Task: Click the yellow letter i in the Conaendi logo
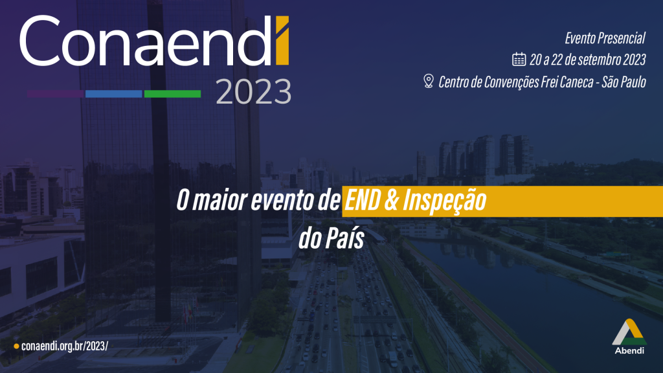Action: pyautogui.click(x=282, y=41)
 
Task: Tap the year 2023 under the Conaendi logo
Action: pyautogui.click(x=254, y=92)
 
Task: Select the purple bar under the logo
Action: pyautogui.click(x=56, y=94)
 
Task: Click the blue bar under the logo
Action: pyautogui.click(x=114, y=94)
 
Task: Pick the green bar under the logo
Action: pyautogui.click(x=172, y=94)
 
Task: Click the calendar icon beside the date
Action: pyautogui.click(x=519, y=59)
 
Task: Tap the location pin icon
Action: pyautogui.click(x=429, y=81)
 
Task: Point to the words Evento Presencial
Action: pyautogui.click(x=605, y=38)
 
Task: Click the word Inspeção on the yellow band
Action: pyautogui.click(x=444, y=201)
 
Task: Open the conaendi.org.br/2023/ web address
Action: pyautogui.click(x=65, y=346)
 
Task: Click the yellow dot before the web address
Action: pyautogui.click(x=16, y=346)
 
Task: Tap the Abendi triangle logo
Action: pyautogui.click(x=629, y=332)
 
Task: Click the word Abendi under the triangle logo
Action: pyautogui.click(x=629, y=350)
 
